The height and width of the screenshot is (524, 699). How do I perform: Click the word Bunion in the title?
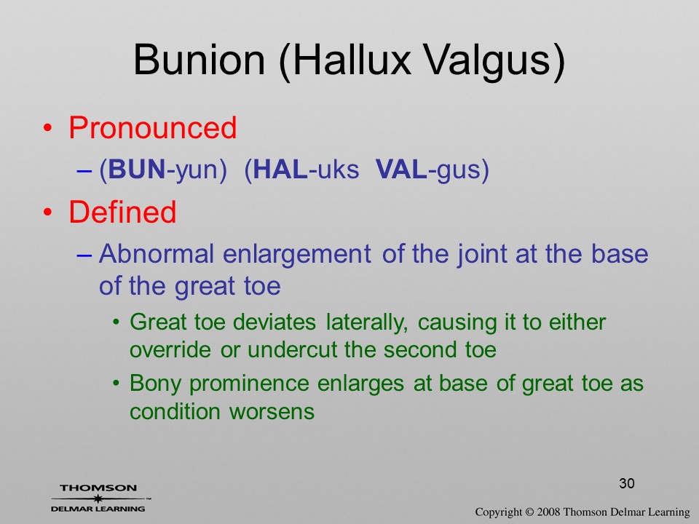tap(200, 59)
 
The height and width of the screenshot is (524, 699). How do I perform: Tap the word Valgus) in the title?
tap(494, 61)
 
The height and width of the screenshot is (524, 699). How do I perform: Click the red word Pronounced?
tap(152, 127)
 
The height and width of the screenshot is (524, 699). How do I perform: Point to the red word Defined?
tap(122, 212)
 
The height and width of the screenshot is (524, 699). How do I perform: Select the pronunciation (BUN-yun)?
tap(163, 170)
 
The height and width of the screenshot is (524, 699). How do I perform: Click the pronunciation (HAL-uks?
tap(301, 170)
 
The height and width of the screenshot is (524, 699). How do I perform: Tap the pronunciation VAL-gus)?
tap(433, 170)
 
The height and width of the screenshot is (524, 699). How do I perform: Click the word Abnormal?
tap(157, 253)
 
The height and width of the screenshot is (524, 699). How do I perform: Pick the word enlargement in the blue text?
tap(297, 255)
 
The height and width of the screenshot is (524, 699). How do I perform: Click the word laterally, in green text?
tap(367, 322)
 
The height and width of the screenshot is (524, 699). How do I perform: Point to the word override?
tap(170, 350)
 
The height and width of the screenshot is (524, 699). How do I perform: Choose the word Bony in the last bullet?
tap(156, 384)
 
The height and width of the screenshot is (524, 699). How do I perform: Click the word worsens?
tap(272, 412)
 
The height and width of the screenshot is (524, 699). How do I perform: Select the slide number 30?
tap(627, 483)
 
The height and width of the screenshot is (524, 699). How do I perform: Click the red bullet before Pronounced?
tap(48, 128)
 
